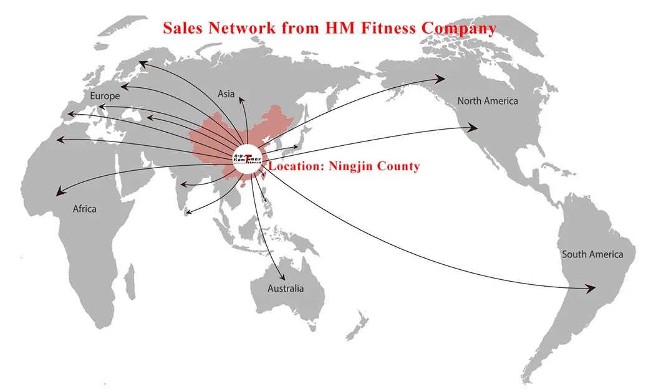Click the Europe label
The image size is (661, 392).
(x=105, y=96)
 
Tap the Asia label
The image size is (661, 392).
(x=226, y=94)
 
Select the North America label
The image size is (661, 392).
(x=488, y=100)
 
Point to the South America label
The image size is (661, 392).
(x=592, y=254)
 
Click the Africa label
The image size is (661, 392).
(x=85, y=209)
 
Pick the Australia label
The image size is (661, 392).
(x=286, y=289)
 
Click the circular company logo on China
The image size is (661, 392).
(x=248, y=158)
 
